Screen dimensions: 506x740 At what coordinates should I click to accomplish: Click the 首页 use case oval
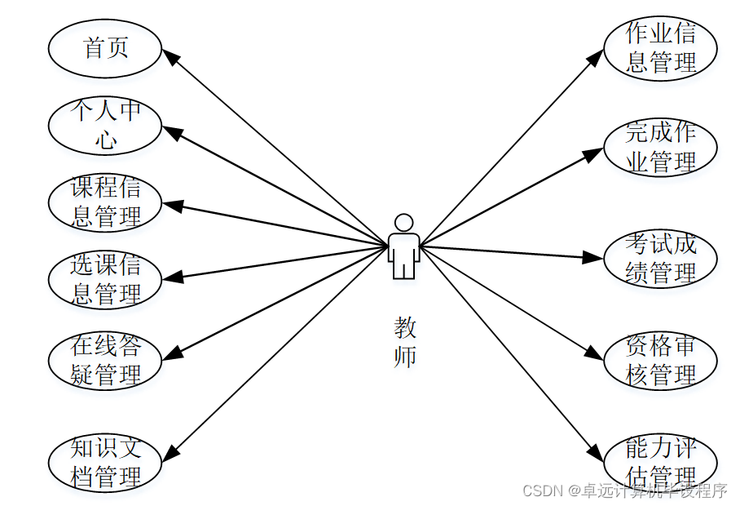[x=105, y=47]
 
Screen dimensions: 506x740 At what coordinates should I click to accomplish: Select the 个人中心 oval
[x=105, y=125]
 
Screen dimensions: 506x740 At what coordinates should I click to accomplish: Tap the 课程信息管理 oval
[x=105, y=202]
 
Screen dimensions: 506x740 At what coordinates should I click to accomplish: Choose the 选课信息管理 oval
[x=105, y=279]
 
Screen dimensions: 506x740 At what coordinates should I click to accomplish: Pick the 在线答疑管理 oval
[x=105, y=360]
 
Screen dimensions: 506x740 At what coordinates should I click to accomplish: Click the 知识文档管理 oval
[x=105, y=461]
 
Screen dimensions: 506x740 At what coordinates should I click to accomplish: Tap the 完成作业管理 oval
[x=660, y=147]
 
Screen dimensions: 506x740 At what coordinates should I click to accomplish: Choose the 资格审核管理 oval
[x=660, y=360]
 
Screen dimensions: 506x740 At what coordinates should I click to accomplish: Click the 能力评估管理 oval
[x=660, y=461]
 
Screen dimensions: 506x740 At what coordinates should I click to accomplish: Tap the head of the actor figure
[x=403, y=222]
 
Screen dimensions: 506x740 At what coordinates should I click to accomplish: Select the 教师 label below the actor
[x=404, y=343]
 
